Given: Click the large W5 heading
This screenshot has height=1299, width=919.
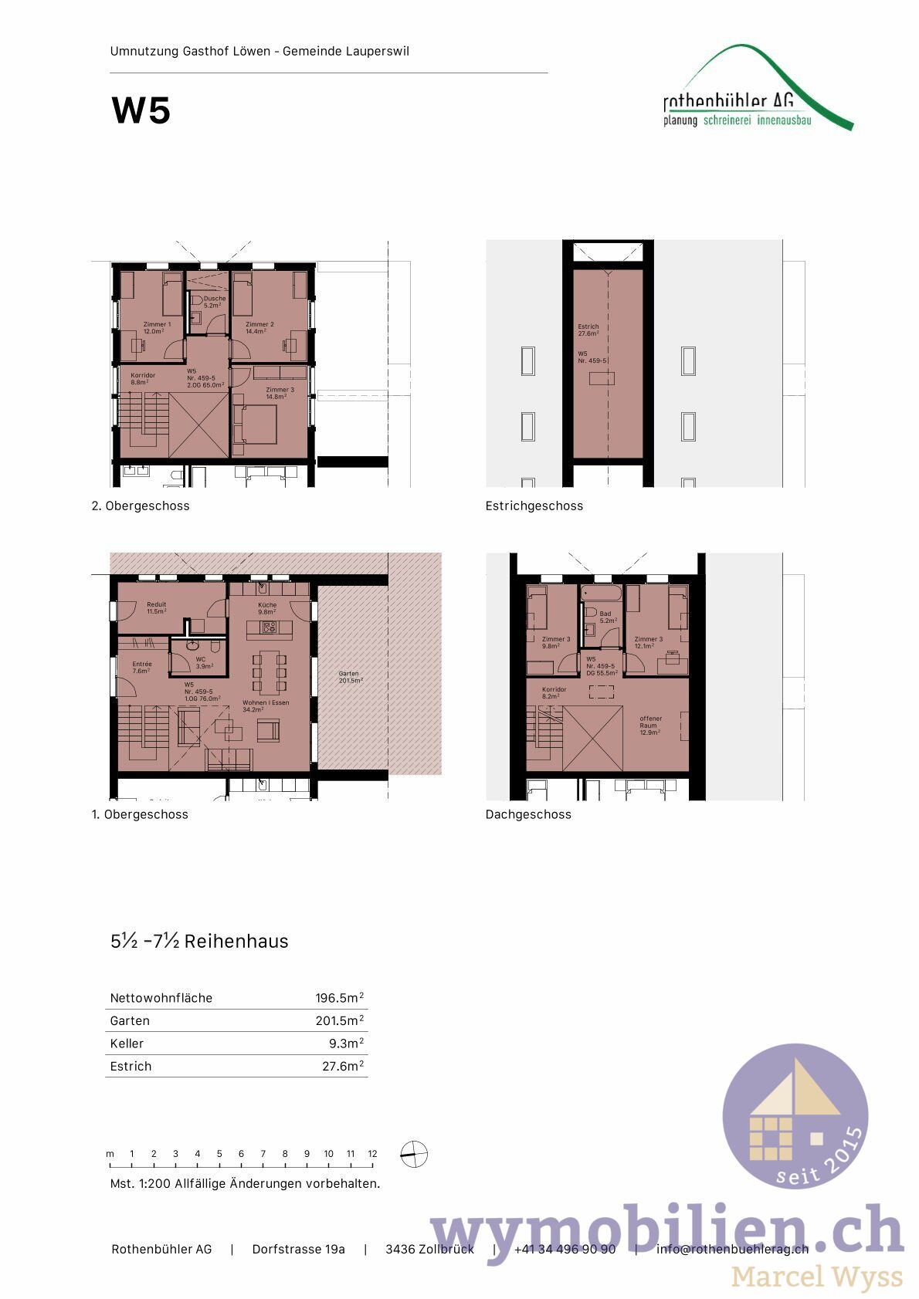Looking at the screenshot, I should point(141,111).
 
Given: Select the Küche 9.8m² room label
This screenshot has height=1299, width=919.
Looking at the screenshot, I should point(267,608).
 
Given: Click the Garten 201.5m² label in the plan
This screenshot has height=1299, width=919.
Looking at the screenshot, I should point(350,677).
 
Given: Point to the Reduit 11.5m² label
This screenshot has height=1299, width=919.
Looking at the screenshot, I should point(156,607).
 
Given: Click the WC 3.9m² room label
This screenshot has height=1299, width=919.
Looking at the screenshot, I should point(203,662).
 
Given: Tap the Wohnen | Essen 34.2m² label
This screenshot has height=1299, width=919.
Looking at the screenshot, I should point(265,705).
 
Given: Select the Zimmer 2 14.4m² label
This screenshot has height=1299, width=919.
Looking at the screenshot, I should point(259,327).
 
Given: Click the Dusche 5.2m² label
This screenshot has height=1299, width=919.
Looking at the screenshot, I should point(214,301).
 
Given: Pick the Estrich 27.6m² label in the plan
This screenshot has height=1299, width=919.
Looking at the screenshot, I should point(588,330).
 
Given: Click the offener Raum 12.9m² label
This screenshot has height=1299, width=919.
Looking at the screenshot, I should point(650,725).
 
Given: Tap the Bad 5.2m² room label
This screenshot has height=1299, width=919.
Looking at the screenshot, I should point(607,617).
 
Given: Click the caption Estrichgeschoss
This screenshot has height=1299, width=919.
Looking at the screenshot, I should point(534,506).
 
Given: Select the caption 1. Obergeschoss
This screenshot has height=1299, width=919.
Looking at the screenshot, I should point(140,814).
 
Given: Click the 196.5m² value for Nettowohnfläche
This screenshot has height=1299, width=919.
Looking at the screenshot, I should point(339,997).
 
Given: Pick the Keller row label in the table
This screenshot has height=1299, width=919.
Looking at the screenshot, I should point(127,1043).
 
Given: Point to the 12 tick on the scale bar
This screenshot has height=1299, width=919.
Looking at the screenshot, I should point(372,1154).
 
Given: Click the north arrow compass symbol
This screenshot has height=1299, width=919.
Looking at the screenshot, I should point(414,1155).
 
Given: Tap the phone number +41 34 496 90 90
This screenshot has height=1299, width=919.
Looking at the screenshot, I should point(565,1249).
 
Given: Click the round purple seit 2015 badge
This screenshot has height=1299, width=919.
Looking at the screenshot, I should point(795,1115).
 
